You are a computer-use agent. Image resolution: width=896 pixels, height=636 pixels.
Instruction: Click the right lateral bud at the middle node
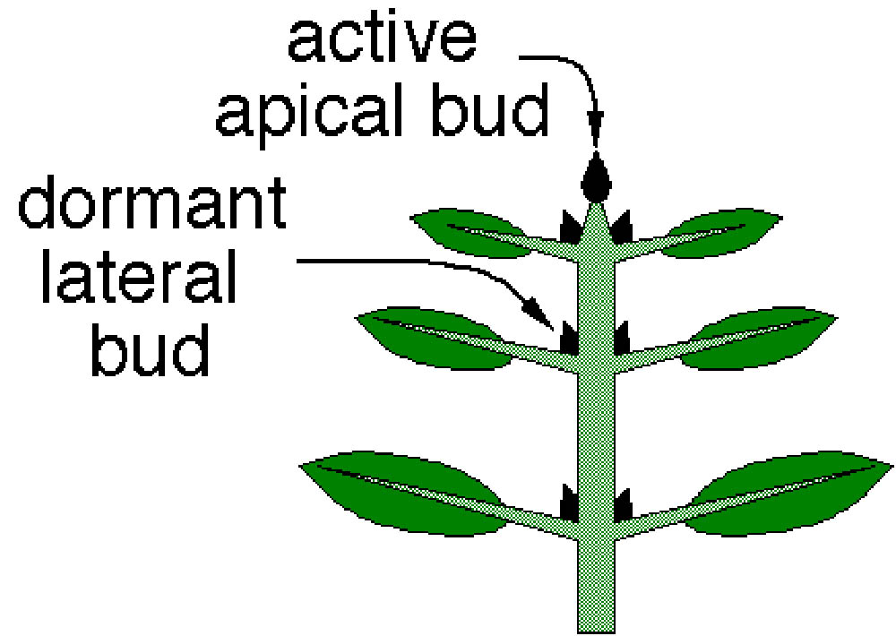tap(622, 338)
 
